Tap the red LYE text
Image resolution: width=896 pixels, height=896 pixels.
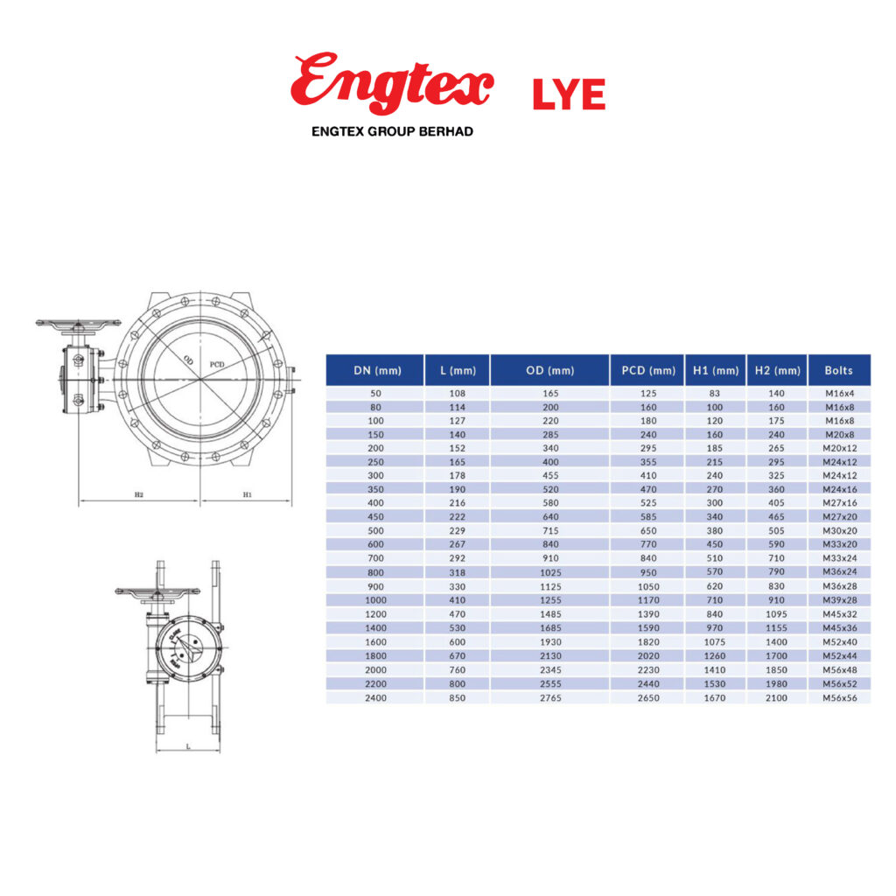pyautogui.click(x=569, y=94)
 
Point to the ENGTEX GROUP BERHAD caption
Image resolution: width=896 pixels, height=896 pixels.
pyautogui.click(x=392, y=131)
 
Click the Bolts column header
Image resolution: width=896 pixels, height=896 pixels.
pyautogui.click(x=838, y=370)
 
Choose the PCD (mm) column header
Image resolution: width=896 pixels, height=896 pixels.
pyautogui.click(x=647, y=370)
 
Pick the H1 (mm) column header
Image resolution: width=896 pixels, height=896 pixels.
pyautogui.click(x=715, y=370)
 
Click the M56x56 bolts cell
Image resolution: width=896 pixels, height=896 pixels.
pyautogui.click(x=838, y=697)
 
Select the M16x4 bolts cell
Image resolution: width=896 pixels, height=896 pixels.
pyautogui.click(x=838, y=393)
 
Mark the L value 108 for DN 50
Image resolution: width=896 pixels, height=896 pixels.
pyautogui.click(x=457, y=393)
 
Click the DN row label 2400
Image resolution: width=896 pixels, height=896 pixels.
pyautogui.click(x=374, y=697)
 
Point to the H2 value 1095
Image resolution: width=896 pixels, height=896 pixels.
pyautogui.click(x=777, y=614)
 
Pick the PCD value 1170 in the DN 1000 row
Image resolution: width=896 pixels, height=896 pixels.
pyautogui.click(x=647, y=600)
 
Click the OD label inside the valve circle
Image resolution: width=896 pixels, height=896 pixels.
pyautogui.click(x=188, y=359)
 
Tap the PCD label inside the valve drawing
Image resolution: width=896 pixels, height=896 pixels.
pyautogui.click(x=217, y=362)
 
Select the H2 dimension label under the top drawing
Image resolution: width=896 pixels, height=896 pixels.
pyautogui.click(x=139, y=494)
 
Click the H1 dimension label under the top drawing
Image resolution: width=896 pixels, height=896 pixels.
pyautogui.click(x=247, y=494)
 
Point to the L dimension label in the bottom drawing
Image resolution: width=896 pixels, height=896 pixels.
pyautogui.click(x=188, y=745)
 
